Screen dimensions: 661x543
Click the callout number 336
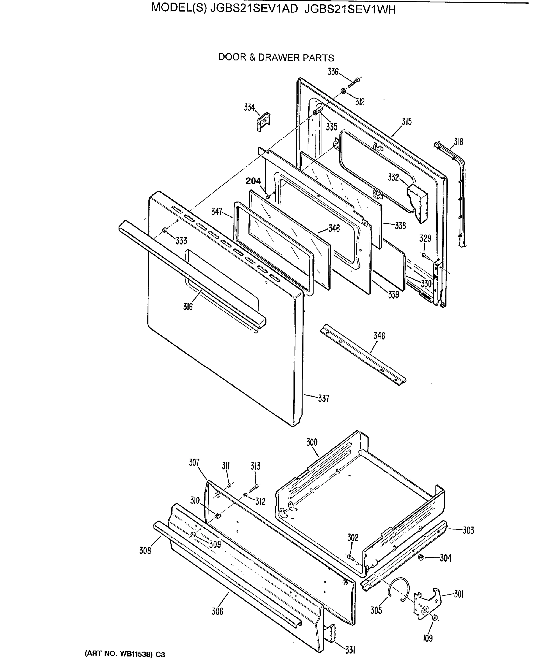(333, 72)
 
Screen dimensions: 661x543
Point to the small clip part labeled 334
(263, 121)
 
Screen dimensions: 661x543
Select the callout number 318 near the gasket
(458, 142)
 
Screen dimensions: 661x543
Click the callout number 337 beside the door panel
(324, 399)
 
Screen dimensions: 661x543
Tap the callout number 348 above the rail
(379, 336)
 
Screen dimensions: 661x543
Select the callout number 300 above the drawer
(312, 442)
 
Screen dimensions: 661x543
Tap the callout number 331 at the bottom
(350, 650)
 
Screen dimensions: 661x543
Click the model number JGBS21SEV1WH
(350, 10)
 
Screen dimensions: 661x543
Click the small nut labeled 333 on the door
(165, 231)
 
